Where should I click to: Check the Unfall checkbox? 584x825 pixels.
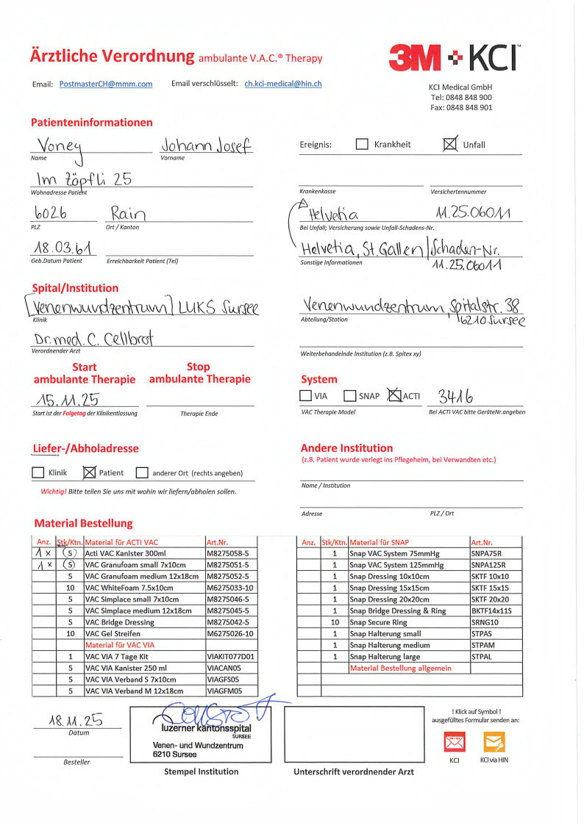(x=449, y=144)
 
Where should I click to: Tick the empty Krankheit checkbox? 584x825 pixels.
(x=362, y=145)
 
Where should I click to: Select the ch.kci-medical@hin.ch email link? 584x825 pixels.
(x=283, y=84)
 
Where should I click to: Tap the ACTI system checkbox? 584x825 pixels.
(x=395, y=396)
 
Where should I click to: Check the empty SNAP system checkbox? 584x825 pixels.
(x=350, y=396)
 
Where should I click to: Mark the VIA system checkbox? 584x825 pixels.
(x=306, y=396)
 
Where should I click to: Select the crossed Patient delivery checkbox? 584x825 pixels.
(x=90, y=472)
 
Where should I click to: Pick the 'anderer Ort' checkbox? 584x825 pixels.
(x=142, y=473)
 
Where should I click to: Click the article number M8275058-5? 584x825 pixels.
(x=231, y=552)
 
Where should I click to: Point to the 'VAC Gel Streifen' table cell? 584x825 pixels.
(x=144, y=633)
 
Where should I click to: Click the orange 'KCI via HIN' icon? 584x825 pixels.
(x=494, y=742)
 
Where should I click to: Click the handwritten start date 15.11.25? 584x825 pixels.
(x=65, y=400)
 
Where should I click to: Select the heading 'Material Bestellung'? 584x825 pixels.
(x=83, y=523)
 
